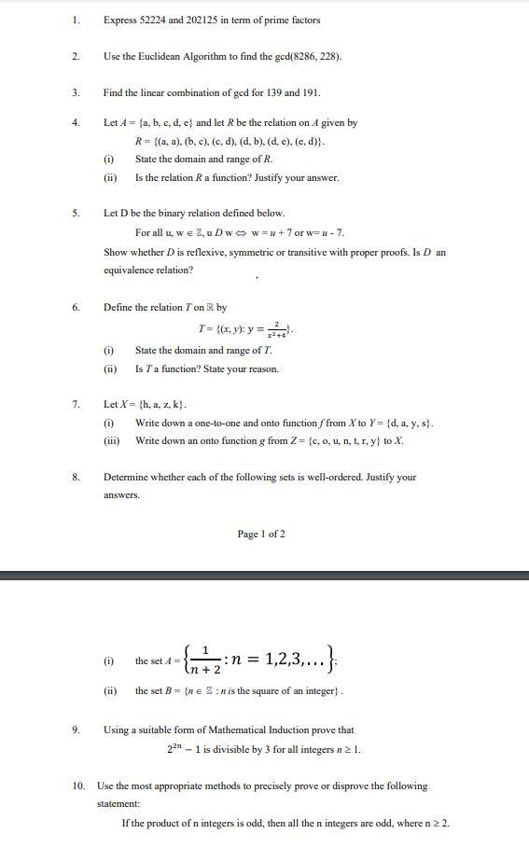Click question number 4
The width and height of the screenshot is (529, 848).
(x=76, y=122)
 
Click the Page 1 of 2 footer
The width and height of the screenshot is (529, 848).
(x=261, y=534)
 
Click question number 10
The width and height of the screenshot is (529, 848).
(x=78, y=785)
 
